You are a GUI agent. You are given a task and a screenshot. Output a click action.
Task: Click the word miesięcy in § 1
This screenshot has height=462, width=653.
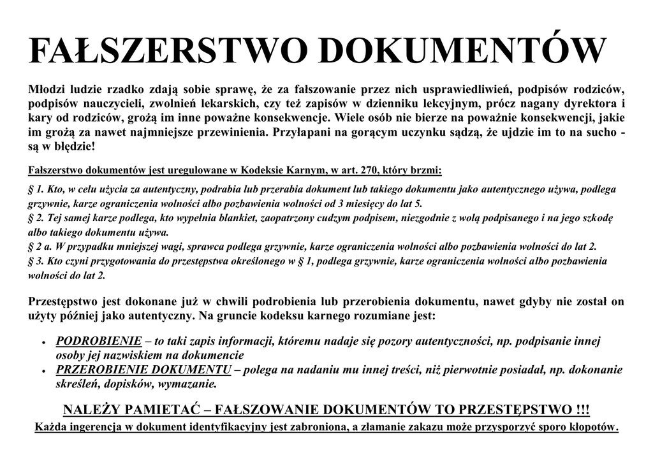[x=362, y=204]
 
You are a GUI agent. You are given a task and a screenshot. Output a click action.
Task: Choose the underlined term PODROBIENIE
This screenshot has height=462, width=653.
[x=99, y=342]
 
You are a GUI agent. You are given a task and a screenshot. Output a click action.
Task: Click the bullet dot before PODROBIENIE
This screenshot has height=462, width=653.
[x=43, y=343]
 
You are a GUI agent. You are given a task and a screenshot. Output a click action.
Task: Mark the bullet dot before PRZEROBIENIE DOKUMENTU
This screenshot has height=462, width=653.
[x=43, y=371]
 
